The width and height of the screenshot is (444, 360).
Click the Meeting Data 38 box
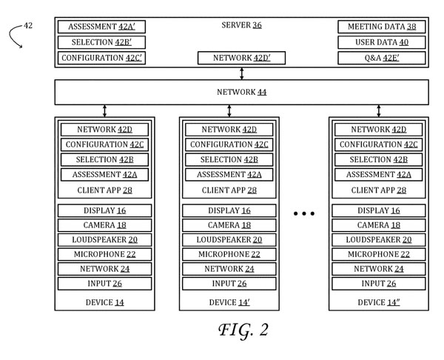[381, 27]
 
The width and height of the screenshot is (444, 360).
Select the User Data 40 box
[381, 42]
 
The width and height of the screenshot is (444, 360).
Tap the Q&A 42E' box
[381, 58]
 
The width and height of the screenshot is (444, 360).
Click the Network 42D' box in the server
[241, 58]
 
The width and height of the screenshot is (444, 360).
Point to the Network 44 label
[241, 92]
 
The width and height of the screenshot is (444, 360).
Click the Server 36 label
[241, 26]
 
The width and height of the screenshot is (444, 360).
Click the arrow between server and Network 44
[242, 73]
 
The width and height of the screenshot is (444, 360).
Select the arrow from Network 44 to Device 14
[104, 110]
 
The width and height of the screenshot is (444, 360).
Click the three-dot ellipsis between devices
[304, 213]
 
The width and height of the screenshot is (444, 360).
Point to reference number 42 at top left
[27, 26]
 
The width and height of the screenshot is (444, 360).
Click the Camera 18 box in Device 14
[104, 225]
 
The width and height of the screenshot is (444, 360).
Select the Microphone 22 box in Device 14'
[229, 254]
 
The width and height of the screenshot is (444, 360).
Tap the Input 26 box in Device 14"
[380, 283]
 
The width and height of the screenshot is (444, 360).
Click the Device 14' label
[229, 302]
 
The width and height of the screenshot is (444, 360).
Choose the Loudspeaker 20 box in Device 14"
[380, 239]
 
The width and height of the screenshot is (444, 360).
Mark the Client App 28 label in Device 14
[104, 190]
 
